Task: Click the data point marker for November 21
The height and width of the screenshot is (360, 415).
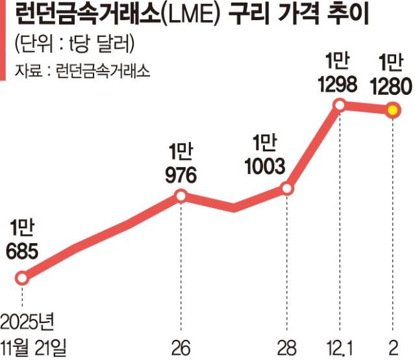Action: click(23, 278)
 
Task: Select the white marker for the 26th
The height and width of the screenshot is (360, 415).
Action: click(181, 196)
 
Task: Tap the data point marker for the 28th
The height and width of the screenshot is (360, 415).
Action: click(287, 188)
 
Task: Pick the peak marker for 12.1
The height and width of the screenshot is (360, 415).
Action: click(339, 104)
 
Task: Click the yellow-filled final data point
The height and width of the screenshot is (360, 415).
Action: click(392, 110)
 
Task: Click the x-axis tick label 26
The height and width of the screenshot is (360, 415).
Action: click(181, 345)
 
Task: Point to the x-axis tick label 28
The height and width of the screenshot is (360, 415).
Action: click(287, 345)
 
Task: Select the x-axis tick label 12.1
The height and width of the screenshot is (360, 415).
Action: click(339, 345)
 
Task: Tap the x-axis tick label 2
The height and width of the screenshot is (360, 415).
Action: click(392, 345)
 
